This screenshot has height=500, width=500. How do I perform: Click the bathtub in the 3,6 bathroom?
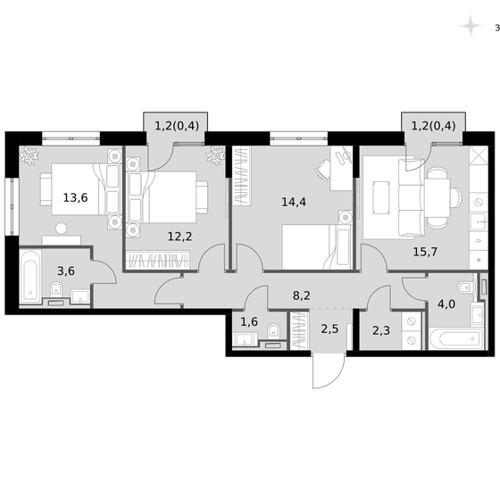[29, 276]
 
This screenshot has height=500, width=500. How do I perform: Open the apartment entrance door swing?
[324, 370]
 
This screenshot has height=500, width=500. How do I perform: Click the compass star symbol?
[469, 27]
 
